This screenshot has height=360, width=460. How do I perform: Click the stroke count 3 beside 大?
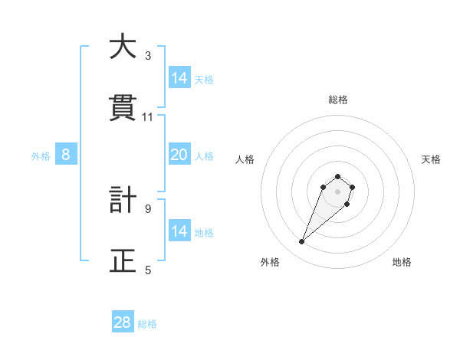point(148,55)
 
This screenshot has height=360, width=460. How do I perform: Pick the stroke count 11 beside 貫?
point(148,116)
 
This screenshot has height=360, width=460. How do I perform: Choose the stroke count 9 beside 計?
point(148,208)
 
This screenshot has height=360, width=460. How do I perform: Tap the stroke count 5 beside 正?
point(148,270)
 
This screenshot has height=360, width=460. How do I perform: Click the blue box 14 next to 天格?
point(179,78)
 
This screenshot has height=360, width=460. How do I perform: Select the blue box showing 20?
point(179,155)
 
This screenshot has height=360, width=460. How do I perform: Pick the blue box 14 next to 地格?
point(179,231)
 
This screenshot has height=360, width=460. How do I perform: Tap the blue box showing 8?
point(66,155)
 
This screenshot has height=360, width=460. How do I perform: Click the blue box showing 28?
point(123,322)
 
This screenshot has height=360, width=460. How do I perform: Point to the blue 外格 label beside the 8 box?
point(41,156)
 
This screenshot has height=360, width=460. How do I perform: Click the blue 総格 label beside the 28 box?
point(147,324)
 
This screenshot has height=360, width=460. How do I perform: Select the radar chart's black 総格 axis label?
point(338,100)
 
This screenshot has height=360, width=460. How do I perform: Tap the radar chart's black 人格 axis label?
point(245,159)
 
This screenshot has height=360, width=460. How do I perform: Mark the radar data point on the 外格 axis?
point(302,242)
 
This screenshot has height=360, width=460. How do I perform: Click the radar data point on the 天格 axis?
point(352,187)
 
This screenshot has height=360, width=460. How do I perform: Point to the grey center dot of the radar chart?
point(338,191)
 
